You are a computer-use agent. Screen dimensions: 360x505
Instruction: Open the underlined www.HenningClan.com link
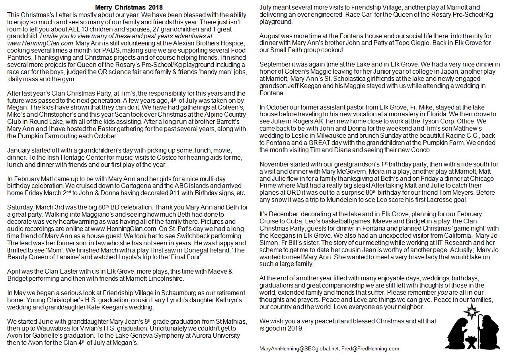pos(123,229)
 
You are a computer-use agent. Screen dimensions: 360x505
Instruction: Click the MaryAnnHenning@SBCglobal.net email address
pos(299,348)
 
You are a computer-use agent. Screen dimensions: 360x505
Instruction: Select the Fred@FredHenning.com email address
pos(370,348)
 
